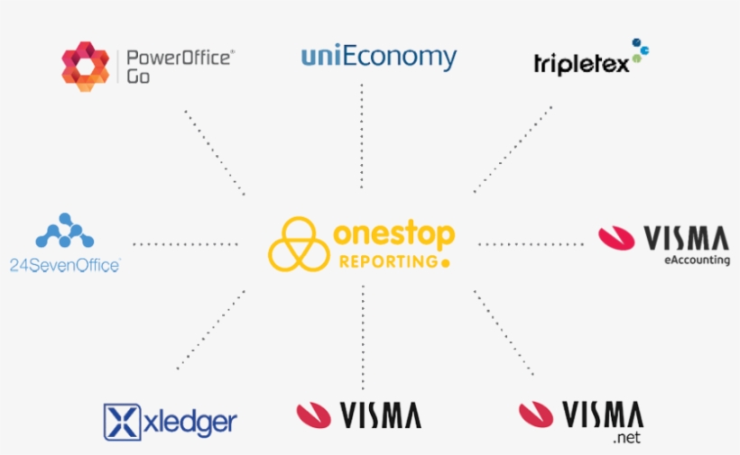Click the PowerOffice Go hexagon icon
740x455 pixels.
(86, 67)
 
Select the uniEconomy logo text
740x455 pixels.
(379, 58)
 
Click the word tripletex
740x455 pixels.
(581, 64)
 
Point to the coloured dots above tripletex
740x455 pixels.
(641, 50)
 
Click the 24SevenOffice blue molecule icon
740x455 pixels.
(65, 231)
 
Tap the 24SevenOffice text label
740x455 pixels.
(65, 265)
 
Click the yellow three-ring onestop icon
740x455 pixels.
(299, 244)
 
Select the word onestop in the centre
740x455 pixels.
(394, 233)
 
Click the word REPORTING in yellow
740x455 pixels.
(388, 261)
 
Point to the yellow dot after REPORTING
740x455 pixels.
(445, 263)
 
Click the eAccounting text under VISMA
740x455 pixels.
(697, 260)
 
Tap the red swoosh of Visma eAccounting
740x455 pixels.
(616, 238)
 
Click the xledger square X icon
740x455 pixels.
(122, 422)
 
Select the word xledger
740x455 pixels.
(190, 422)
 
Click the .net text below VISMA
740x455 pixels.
(626, 438)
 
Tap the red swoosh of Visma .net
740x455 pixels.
(536, 414)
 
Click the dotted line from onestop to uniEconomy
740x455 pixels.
(362, 136)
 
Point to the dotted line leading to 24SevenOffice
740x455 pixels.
(186, 244)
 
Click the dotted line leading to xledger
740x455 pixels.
(210, 330)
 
